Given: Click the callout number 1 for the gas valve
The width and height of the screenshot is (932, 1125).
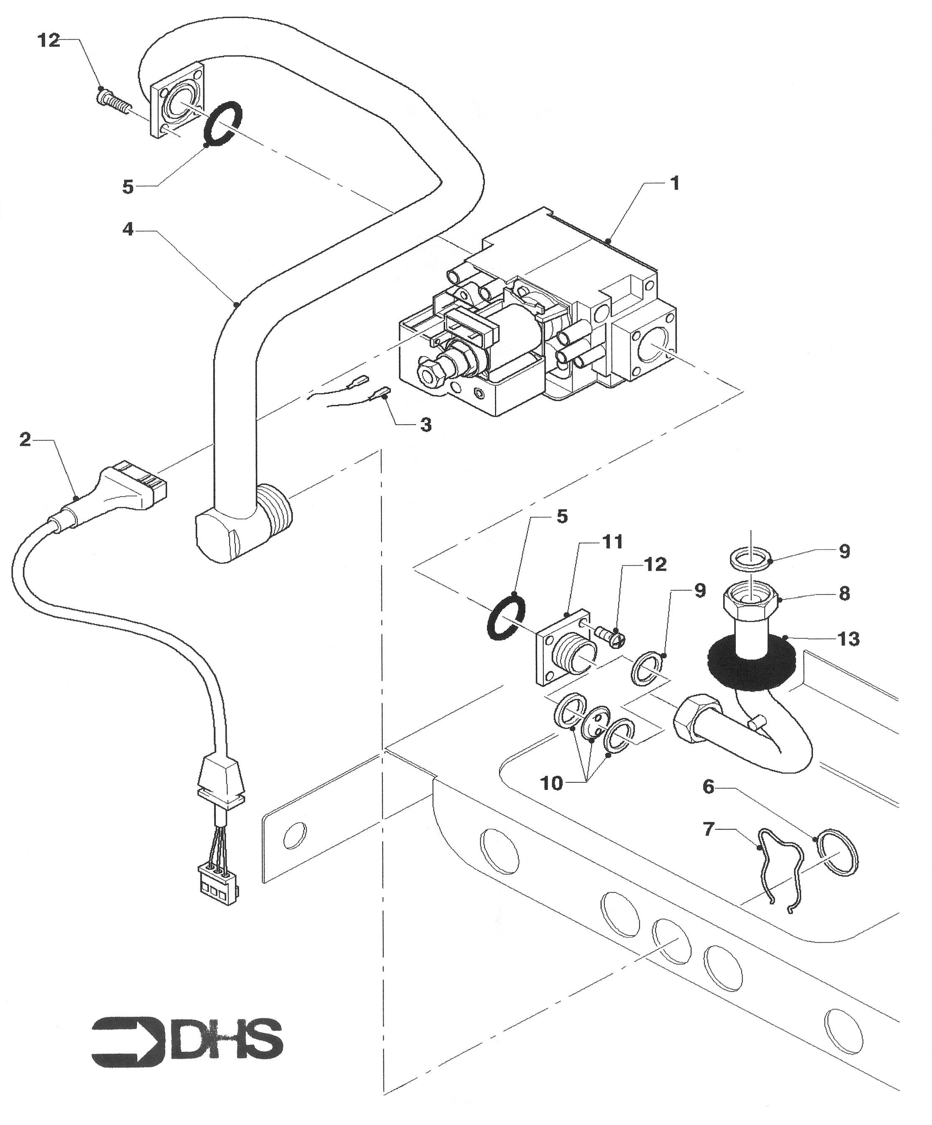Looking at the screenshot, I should [x=675, y=183].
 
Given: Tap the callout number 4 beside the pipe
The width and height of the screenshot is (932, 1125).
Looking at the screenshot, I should [x=128, y=230].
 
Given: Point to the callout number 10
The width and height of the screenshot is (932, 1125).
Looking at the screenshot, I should [x=552, y=783].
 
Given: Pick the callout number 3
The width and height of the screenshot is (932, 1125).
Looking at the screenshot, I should [x=425, y=425].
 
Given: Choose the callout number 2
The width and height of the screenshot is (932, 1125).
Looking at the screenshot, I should [x=25, y=441].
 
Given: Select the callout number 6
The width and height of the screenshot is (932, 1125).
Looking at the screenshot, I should [x=709, y=787].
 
